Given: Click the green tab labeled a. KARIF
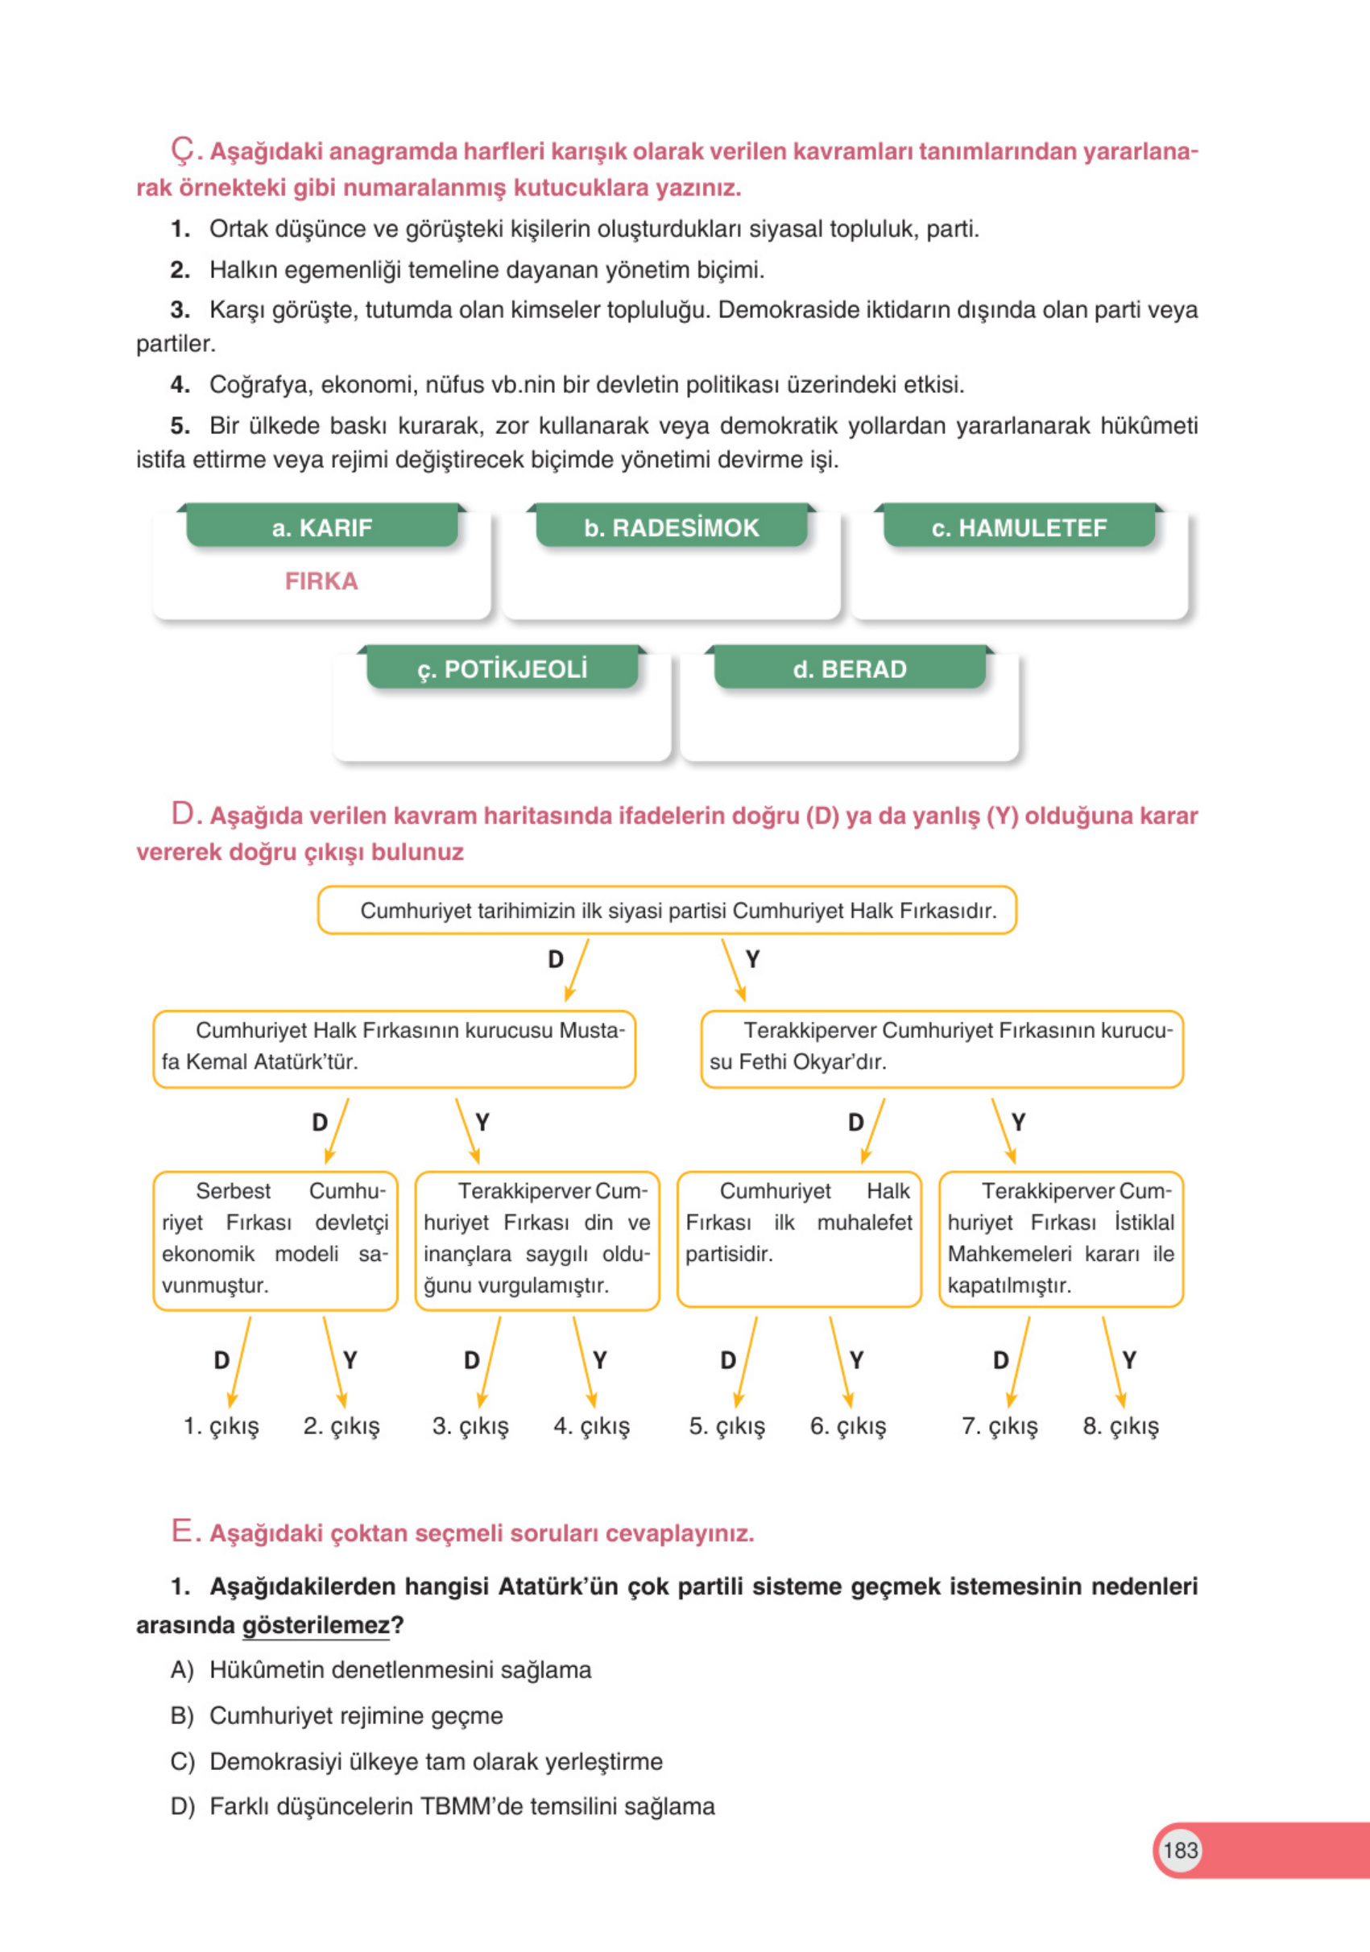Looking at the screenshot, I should point(321,527).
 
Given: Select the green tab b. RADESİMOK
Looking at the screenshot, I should point(670,527).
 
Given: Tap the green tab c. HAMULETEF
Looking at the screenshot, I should point(1018,527).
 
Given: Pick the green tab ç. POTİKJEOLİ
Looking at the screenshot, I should point(502,669).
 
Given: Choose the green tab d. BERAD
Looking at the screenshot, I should point(849,669).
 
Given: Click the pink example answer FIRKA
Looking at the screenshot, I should point(321,581).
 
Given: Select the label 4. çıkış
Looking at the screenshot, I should point(592,1425).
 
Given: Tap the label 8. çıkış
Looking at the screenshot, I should point(1120,1425).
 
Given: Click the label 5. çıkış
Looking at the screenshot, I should point(727,1425).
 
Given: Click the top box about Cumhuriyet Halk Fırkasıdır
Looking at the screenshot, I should point(667,911).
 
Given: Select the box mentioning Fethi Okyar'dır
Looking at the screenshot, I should point(942,1049).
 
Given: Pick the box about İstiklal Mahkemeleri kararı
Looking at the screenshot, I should point(1061,1239).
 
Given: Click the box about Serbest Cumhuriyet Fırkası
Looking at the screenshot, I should point(275,1239).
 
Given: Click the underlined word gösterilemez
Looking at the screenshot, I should point(316,1625).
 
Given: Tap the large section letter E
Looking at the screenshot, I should point(183,1531).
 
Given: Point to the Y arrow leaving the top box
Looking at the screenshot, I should point(734,970).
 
